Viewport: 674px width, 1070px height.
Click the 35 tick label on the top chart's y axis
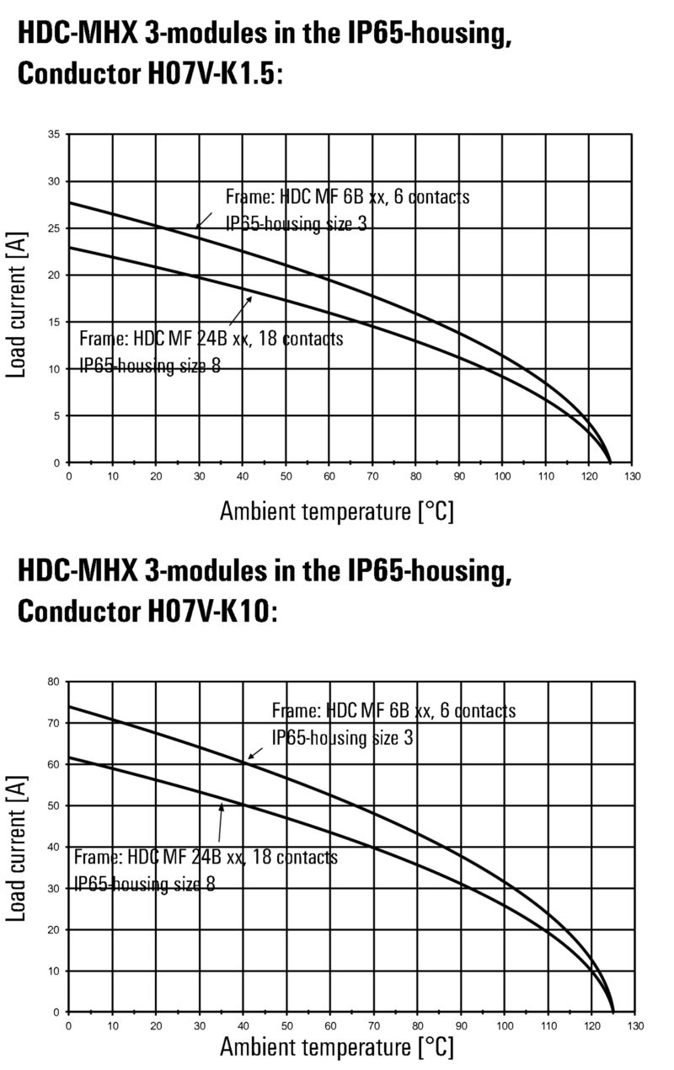(x=54, y=135)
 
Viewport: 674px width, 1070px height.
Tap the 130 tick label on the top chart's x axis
(x=633, y=476)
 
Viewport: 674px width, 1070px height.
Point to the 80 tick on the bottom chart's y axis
(x=55, y=682)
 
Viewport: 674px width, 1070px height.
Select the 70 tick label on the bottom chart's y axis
(x=55, y=723)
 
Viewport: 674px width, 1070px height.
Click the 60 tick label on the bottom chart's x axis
(x=330, y=1026)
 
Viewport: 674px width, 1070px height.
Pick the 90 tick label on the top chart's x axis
(x=459, y=476)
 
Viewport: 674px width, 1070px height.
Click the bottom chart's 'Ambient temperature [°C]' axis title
(x=337, y=1047)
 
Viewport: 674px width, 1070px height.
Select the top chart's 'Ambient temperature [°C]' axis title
(x=337, y=511)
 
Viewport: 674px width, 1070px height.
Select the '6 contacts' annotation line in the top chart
(x=347, y=197)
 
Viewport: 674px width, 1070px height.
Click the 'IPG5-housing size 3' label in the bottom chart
(x=342, y=738)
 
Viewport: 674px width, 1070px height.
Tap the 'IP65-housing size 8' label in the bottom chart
(x=144, y=884)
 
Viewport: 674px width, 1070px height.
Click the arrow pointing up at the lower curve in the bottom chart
(x=220, y=821)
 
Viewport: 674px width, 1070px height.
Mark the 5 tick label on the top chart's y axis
(x=56, y=416)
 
